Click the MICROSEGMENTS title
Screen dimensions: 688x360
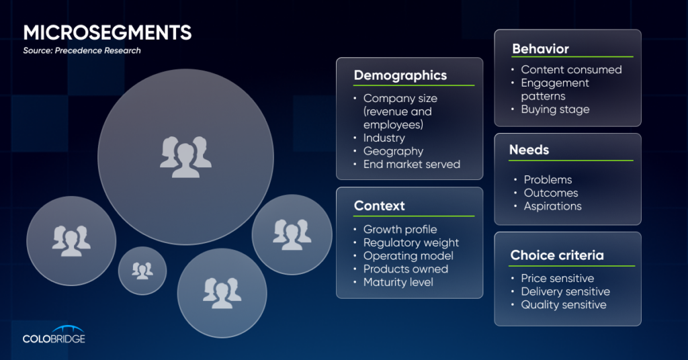pos(107,32)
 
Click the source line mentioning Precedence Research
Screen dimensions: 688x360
pos(82,50)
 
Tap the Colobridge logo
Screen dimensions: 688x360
pos(54,334)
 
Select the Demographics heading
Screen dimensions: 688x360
pos(400,75)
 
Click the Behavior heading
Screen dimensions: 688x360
pos(541,48)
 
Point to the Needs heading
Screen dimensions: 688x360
pos(529,150)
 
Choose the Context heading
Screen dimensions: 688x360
pos(380,206)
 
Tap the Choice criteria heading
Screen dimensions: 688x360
pos(557,255)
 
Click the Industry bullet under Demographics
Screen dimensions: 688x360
pos(384,138)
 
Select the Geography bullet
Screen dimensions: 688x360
pos(393,151)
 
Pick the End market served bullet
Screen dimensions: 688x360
pos(412,164)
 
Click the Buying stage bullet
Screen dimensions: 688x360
pos(555,109)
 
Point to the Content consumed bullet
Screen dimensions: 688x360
pos(571,69)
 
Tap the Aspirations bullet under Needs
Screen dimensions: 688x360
pos(552,206)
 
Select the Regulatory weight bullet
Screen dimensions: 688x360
pos(411,243)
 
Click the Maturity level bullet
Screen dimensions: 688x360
pos(398,282)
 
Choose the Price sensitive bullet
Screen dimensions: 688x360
pos(557,278)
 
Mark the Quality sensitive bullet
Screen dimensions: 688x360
pos(564,305)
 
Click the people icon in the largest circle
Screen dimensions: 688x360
pos(185,157)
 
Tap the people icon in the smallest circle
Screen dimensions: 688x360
pos(142,271)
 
